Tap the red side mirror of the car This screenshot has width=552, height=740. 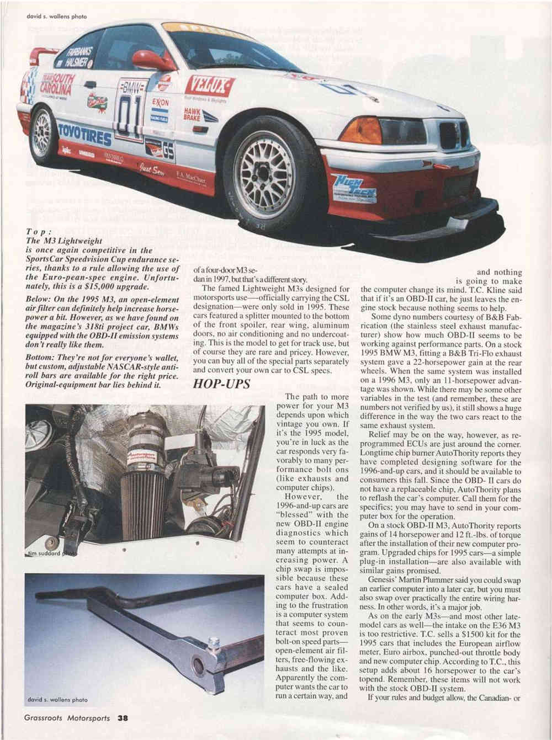(x=152, y=60)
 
